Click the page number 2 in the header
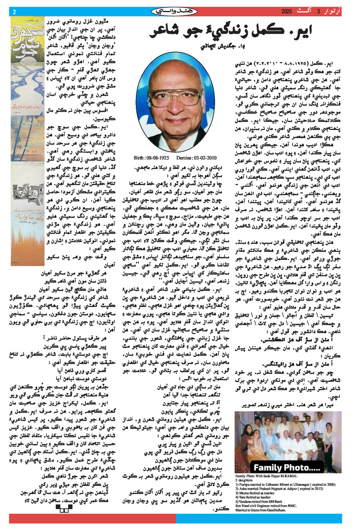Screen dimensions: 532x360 click(14, 11)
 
